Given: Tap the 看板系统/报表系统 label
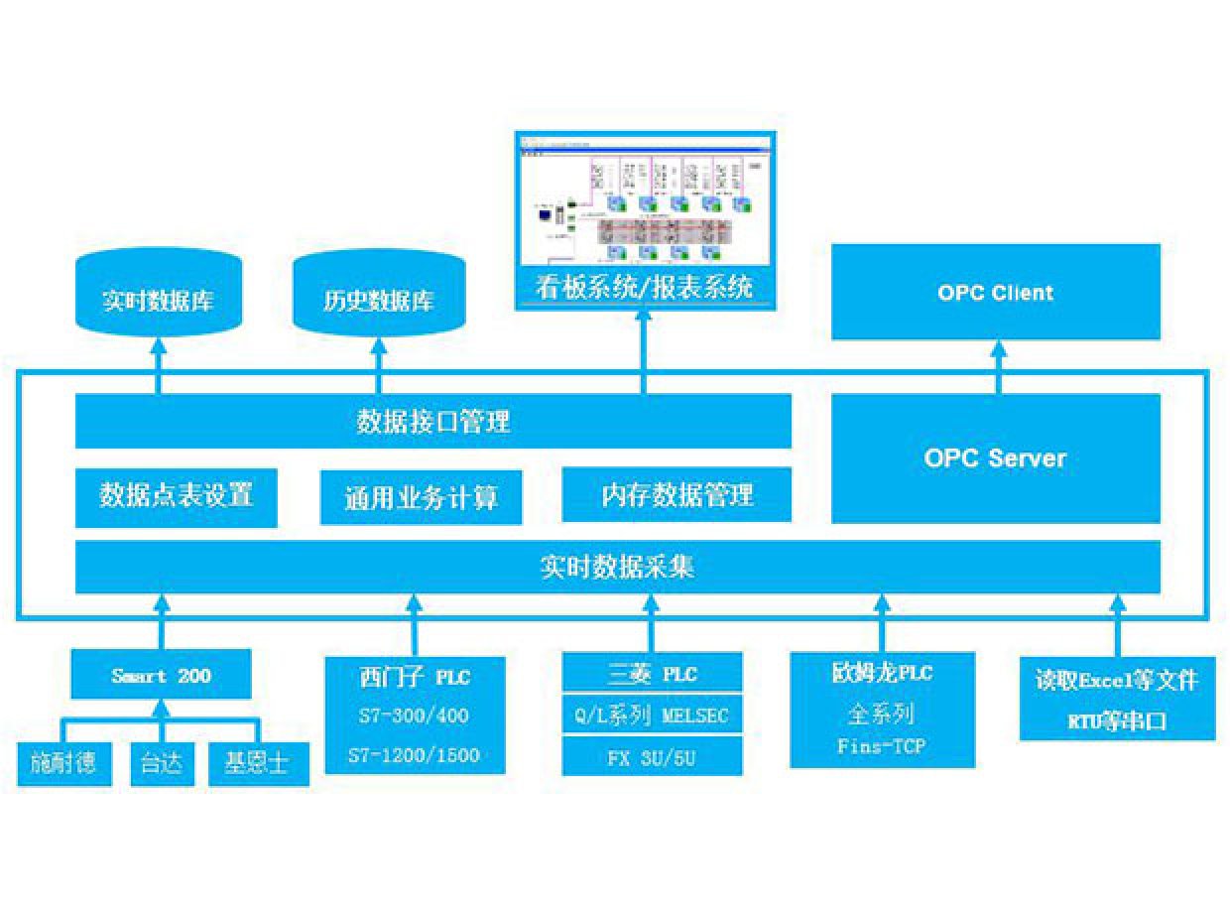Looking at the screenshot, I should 644,289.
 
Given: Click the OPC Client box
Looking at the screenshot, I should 995,293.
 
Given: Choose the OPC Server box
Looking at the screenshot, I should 995,458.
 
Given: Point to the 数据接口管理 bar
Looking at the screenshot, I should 433,422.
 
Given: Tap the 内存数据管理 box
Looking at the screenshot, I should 676,495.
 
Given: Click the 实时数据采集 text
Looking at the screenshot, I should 617,568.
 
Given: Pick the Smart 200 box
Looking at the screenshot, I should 161,677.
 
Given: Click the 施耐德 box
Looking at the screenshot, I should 63,765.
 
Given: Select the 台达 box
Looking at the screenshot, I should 163,765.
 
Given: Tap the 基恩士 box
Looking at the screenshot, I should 258,765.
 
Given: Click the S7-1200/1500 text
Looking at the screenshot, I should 415,755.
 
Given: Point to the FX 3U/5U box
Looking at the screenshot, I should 652,758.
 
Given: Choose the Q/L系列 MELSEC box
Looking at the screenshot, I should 652,716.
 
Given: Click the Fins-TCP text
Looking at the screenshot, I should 882,745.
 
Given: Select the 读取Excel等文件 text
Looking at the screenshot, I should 1117,681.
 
